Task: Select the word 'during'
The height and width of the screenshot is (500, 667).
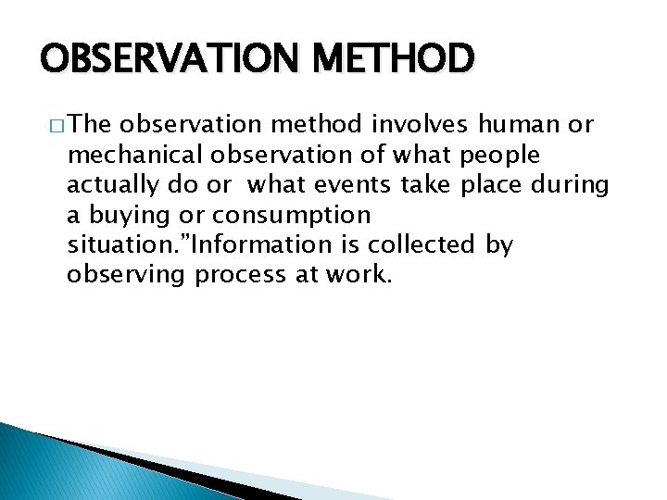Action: [571, 184]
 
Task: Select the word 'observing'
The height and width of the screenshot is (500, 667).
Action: [127, 275]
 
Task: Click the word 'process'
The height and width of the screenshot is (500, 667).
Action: [236, 275]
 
